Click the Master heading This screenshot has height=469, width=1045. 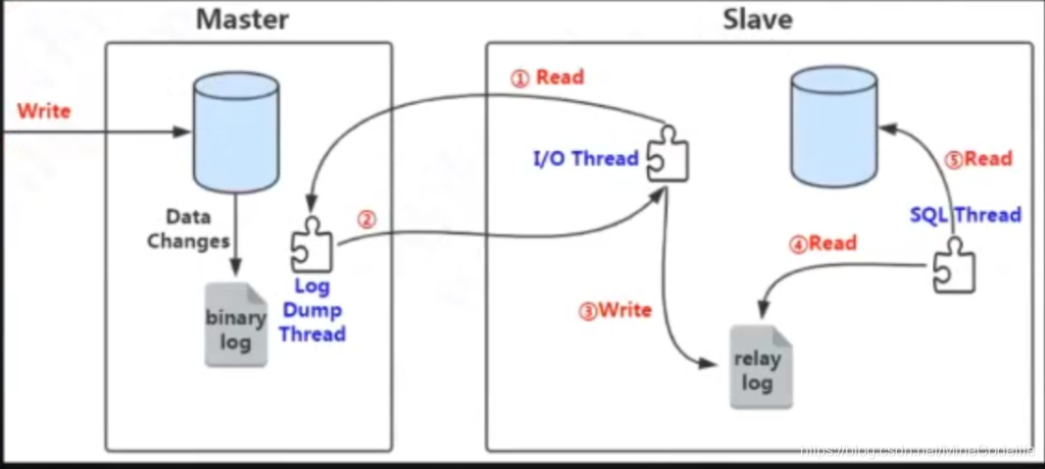point(241,19)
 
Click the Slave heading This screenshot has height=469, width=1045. point(757,19)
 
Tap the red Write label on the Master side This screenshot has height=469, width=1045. point(44,111)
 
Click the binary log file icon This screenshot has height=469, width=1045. point(235,325)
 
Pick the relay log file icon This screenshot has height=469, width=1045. point(760,367)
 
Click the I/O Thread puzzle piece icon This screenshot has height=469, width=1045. point(668,154)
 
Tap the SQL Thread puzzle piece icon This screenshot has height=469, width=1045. point(953,264)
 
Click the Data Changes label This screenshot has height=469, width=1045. point(188,229)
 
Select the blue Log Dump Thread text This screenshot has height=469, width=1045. point(312,311)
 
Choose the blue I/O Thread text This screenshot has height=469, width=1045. point(586,158)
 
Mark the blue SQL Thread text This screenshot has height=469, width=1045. point(965,215)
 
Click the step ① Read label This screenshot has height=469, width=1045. point(548,78)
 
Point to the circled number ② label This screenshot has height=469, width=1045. point(366,220)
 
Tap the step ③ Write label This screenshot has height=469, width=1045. point(616,311)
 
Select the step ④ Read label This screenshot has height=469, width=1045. point(822,243)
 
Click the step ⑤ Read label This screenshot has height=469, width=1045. point(977,158)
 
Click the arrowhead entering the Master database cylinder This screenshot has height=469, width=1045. point(183,131)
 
